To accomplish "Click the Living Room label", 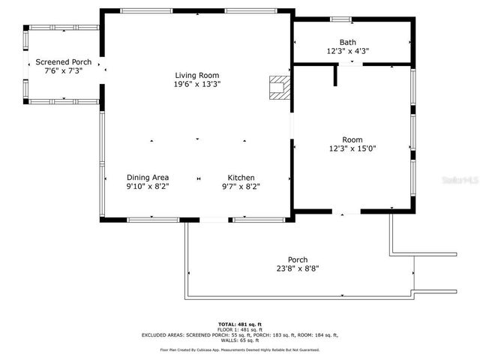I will tap(197, 75).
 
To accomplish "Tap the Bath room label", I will tap(347, 43).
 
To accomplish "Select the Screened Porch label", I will tap(63, 61).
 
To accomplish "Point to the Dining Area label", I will tap(147, 177).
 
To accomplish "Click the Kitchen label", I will tap(241, 177).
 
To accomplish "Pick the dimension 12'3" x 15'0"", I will tap(352, 148).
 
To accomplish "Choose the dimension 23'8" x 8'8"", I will tap(298, 268).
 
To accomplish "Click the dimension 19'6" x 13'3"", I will tap(197, 84).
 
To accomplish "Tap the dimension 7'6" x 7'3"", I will tap(63, 70).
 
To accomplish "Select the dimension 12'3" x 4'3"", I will tap(347, 52).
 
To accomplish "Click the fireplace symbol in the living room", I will tap(280, 86).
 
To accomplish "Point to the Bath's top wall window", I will tap(340, 19).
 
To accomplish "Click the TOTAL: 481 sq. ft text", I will tap(240, 324).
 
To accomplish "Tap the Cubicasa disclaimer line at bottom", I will tap(240, 349).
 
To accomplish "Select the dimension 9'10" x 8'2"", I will tap(147, 186).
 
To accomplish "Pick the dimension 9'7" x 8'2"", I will tap(241, 186).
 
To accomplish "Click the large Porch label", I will tap(298, 259).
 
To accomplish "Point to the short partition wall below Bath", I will tap(335, 76).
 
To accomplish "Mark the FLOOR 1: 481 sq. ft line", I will tap(240, 329).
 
